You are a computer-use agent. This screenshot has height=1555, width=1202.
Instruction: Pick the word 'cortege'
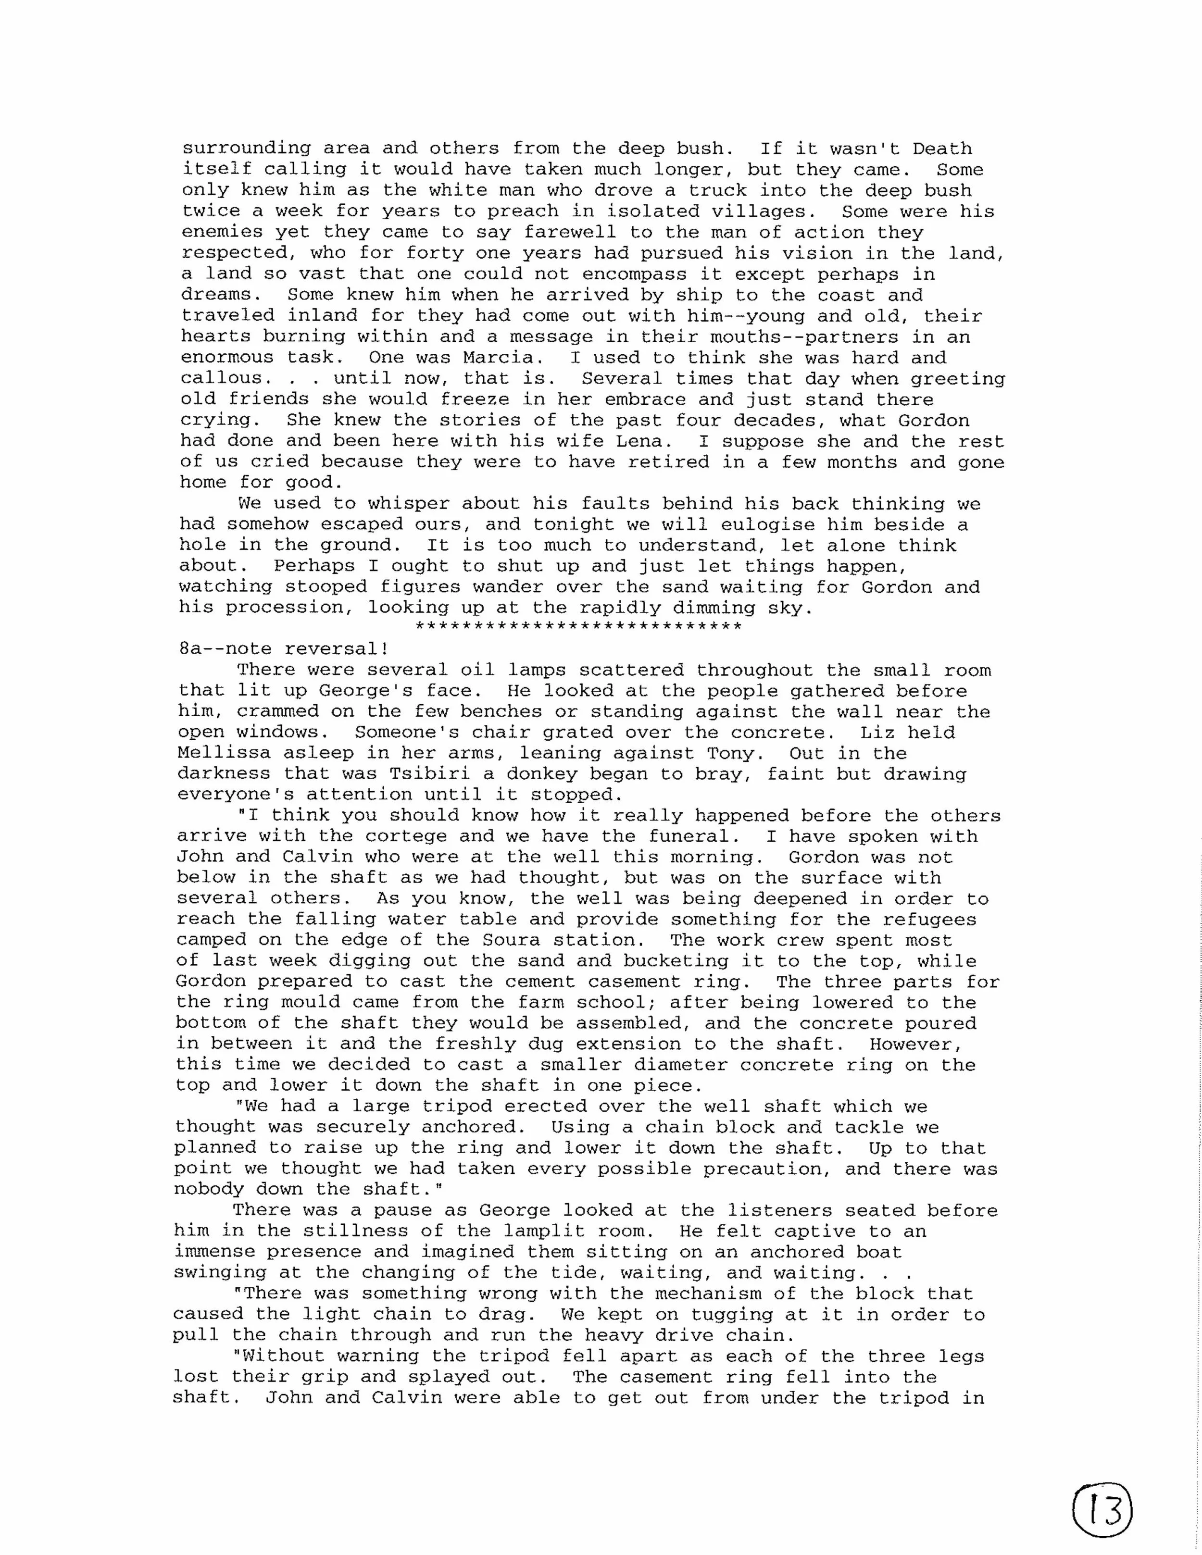(406, 836)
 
